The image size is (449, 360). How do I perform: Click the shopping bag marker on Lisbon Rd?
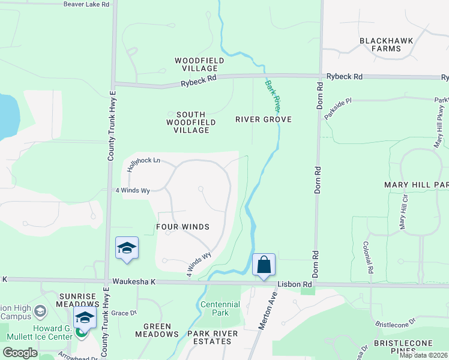(264, 265)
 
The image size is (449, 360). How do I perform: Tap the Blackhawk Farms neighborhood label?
(387, 45)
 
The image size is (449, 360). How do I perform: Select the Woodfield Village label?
(199, 64)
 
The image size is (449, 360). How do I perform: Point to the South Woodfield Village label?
(190, 122)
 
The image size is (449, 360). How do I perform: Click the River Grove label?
(263, 119)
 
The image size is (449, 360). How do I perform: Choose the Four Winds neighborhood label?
(182, 227)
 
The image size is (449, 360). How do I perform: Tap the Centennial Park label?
(220, 308)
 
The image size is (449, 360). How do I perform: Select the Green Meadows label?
(157, 330)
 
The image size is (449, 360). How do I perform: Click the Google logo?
(20, 353)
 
